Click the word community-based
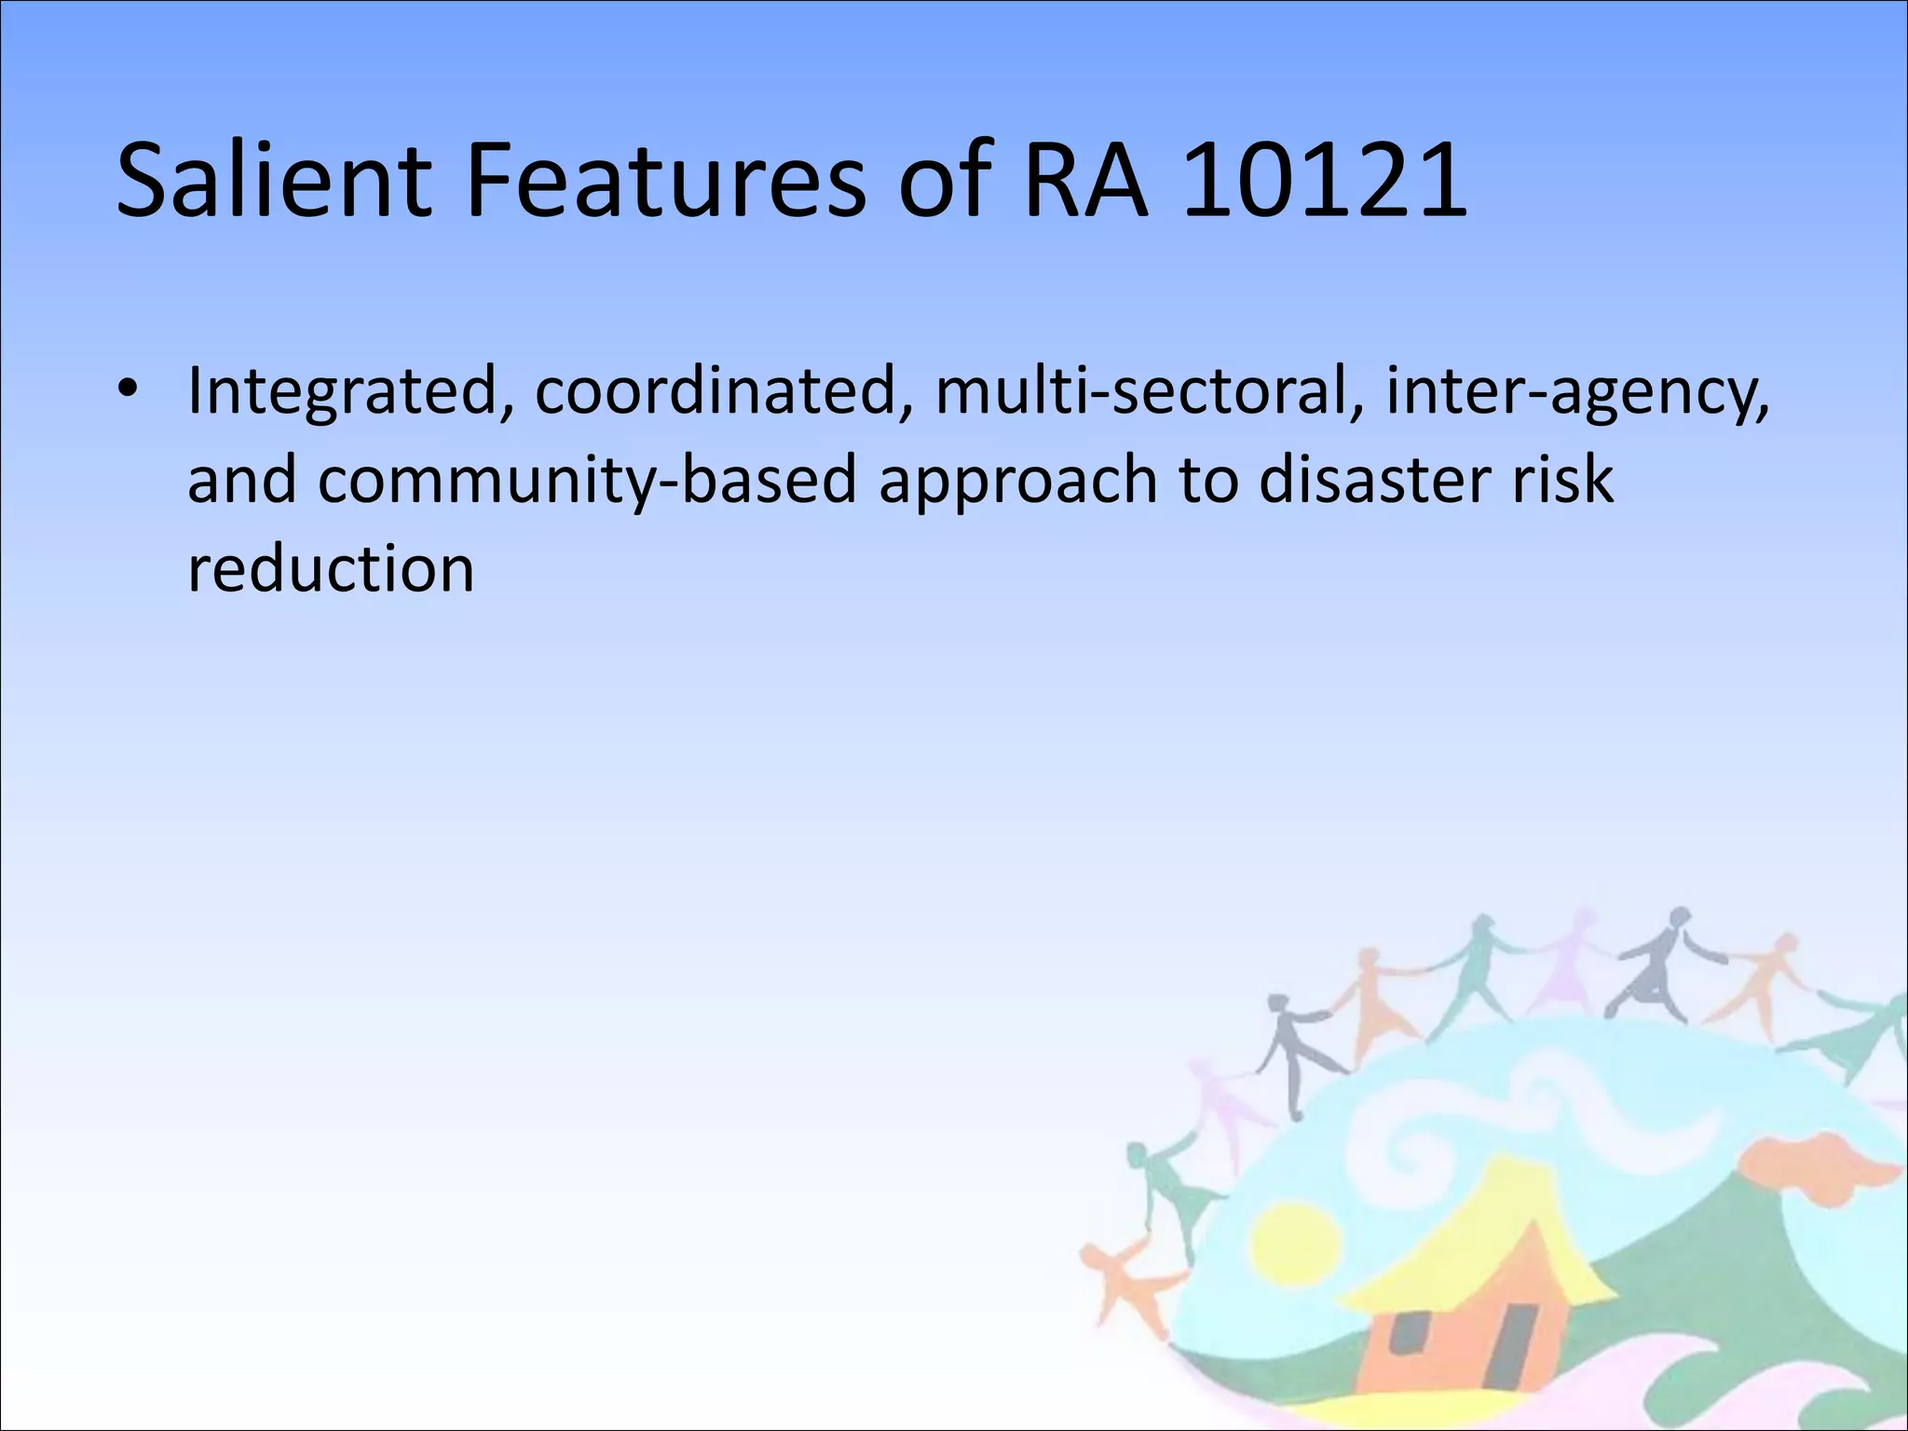coord(587,481)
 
